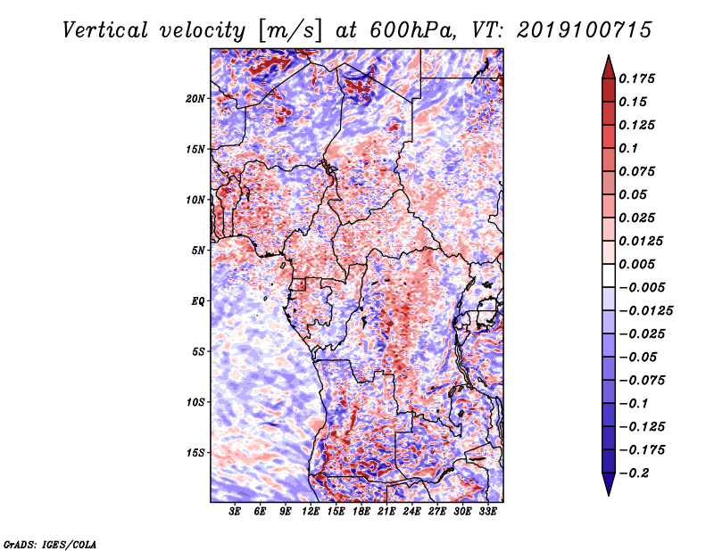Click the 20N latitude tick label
point(195,99)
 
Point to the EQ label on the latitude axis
point(198,301)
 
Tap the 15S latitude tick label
point(195,453)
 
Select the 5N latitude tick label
point(198,251)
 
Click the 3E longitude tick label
point(235,512)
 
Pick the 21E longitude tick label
point(386,512)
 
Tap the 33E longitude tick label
point(487,512)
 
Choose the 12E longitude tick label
point(311,512)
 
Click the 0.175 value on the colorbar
point(636,78)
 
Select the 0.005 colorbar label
point(636,264)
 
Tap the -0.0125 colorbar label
point(645,311)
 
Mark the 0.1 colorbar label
point(628,148)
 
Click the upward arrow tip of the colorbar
point(609,55)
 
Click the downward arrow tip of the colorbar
point(609,495)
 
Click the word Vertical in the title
point(105,30)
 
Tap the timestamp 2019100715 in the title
point(585,30)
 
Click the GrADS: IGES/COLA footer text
point(50,544)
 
